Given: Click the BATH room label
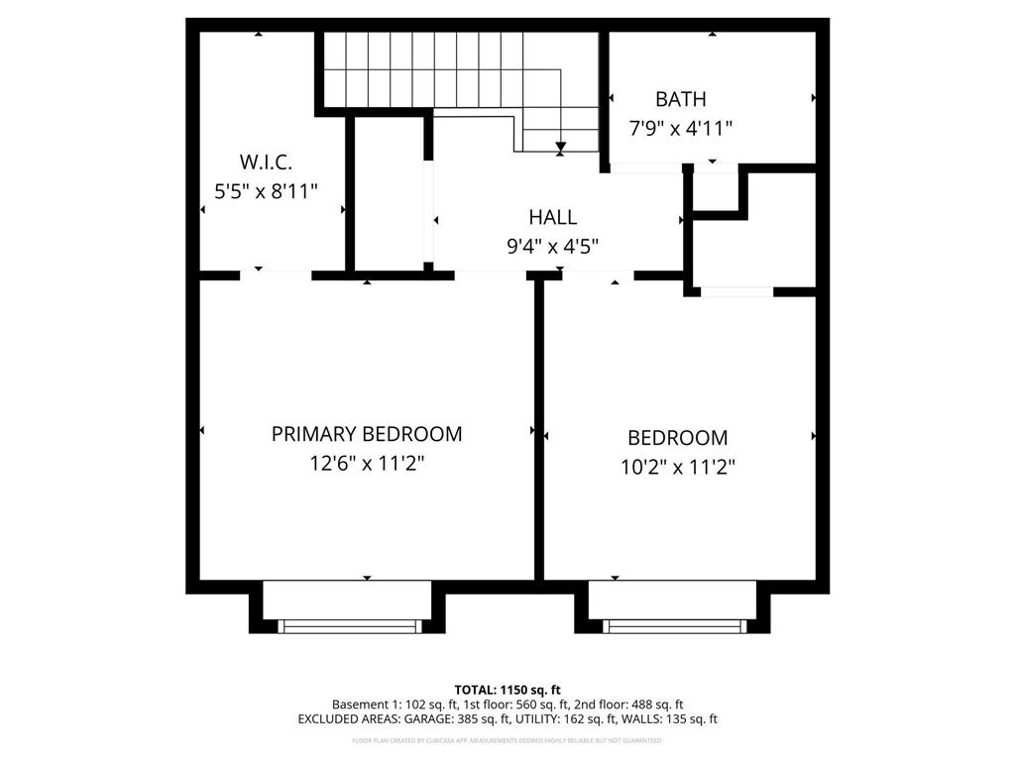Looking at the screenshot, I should (680, 99).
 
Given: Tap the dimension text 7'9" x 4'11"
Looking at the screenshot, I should (680, 128).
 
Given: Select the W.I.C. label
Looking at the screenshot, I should (266, 163).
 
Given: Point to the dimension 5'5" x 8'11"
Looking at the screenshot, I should (266, 191).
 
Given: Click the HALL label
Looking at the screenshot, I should (552, 218).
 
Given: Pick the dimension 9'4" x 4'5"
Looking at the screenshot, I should (552, 247).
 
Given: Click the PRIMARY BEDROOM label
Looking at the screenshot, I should (367, 434).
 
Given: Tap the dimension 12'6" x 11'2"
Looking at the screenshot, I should (367, 463).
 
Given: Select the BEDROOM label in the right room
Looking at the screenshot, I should (677, 438).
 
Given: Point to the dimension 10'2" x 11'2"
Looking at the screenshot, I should (677, 467).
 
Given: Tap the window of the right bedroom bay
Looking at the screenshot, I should (673, 625).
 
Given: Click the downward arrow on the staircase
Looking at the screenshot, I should (561, 148).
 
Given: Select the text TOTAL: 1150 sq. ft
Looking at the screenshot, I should (507, 690).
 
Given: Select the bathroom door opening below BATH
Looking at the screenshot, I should (645, 168).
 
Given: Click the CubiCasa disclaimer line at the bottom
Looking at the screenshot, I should (507, 740).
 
